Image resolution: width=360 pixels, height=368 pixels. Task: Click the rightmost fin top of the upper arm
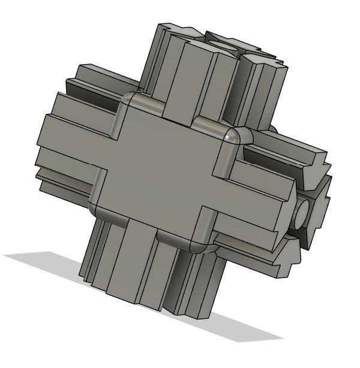pyautogui.click(x=264, y=63)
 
